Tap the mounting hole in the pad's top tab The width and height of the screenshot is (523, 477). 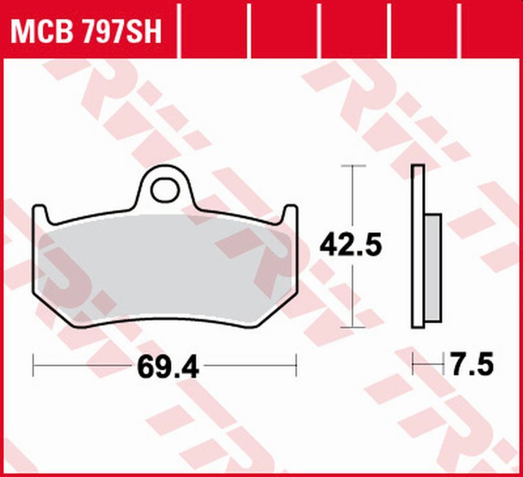click(166, 189)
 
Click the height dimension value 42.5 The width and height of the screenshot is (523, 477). click(351, 245)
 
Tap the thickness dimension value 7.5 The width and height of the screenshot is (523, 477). click(471, 366)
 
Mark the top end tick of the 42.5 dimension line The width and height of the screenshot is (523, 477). click(351, 165)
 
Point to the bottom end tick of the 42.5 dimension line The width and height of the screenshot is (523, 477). click(351, 327)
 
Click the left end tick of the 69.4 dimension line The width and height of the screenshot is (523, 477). click(33, 366)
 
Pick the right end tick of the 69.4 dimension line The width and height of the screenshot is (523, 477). click(296, 366)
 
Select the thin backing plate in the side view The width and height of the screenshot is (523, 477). click(417, 246)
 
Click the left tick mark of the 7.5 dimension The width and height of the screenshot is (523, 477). click(413, 366)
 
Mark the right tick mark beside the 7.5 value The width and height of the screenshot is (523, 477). click(442, 366)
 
